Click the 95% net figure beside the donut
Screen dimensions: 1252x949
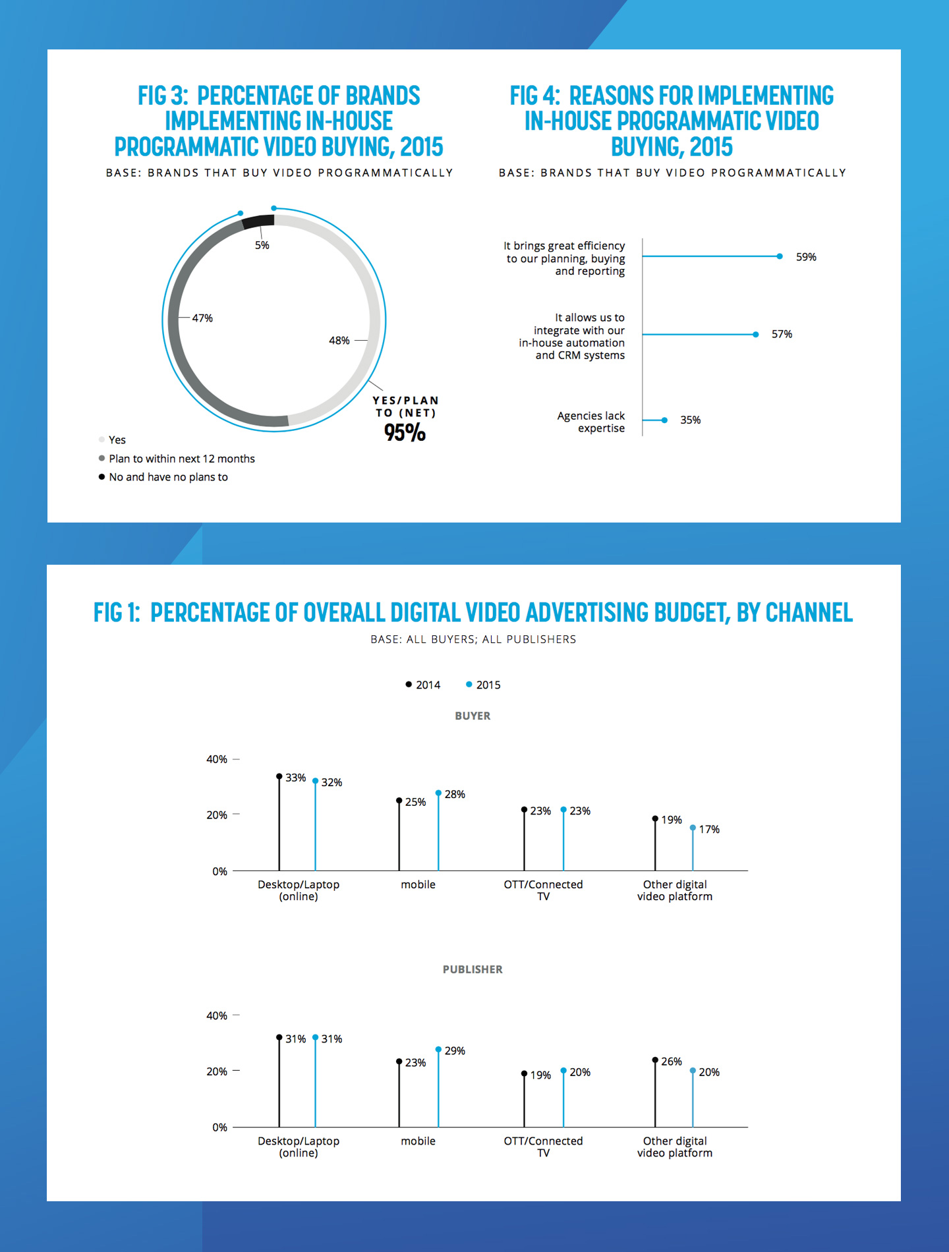point(405,432)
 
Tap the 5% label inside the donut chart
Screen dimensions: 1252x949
point(262,245)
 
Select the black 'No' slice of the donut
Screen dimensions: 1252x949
point(258,221)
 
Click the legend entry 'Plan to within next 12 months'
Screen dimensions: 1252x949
point(181,459)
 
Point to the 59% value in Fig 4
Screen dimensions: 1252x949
point(806,257)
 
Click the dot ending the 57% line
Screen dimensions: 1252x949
point(756,335)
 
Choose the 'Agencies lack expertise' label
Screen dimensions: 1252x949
point(591,422)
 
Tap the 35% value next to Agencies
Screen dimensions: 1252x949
point(690,420)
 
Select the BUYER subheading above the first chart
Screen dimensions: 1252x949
point(473,716)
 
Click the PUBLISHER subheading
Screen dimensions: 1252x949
point(473,969)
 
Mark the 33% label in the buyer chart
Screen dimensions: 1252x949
point(295,778)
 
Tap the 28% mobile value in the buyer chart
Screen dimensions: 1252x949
point(455,794)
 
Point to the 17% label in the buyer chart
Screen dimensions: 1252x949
point(709,829)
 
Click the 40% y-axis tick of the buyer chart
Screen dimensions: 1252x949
point(217,759)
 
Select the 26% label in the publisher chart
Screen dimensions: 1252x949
point(671,1062)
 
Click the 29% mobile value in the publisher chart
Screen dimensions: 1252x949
point(455,1050)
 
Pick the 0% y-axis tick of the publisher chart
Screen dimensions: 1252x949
point(219,1127)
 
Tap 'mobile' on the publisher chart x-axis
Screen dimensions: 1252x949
point(418,1141)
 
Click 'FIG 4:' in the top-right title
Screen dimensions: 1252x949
point(534,96)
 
